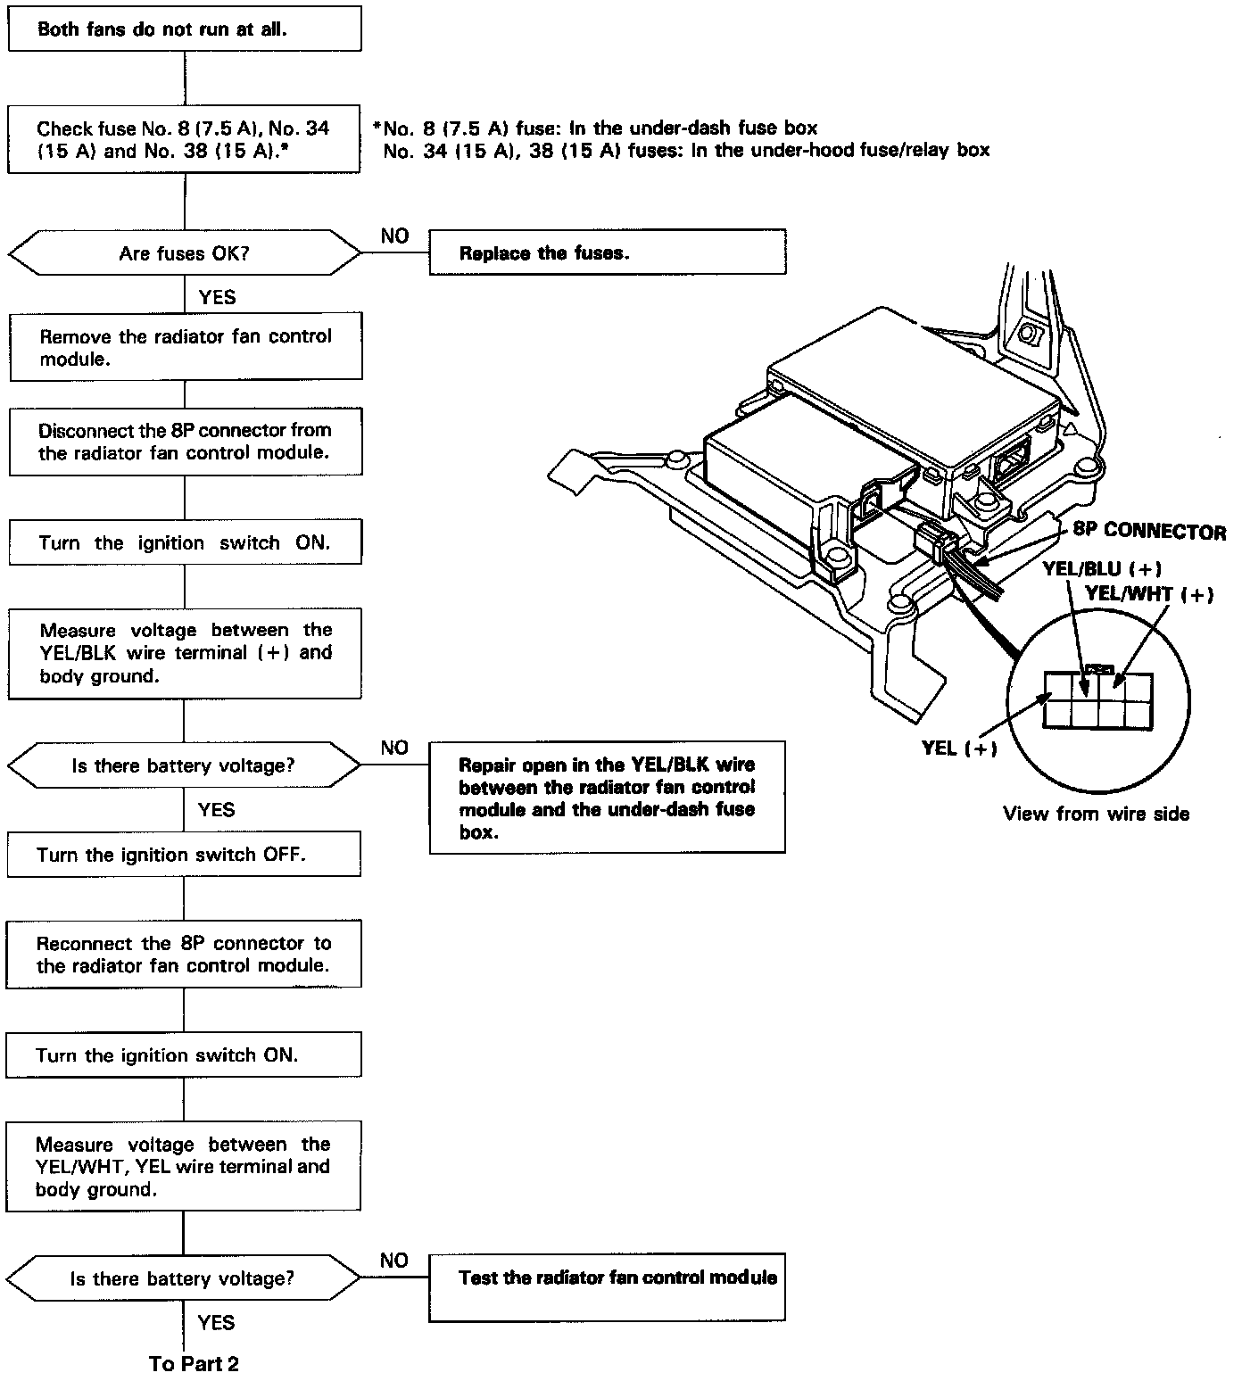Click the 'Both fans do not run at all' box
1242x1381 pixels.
click(x=185, y=29)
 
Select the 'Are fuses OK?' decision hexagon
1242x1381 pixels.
click(x=185, y=254)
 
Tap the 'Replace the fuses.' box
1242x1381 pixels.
click(x=607, y=253)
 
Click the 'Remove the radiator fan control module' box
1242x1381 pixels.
click(x=186, y=347)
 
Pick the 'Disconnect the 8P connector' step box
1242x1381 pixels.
click(x=186, y=442)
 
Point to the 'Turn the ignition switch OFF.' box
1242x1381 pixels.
click(x=184, y=855)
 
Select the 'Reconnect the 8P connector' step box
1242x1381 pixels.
click(x=184, y=955)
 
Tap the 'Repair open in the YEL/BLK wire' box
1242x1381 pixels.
click(x=607, y=798)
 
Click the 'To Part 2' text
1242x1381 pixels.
click(x=194, y=1363)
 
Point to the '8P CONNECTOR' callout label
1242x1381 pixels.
click(x=1149, y=532)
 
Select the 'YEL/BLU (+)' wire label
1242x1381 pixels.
click(x=1102, y=569)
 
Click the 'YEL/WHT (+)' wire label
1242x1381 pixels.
click(x=1149, y=594)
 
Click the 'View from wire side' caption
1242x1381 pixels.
click(x=1096, y=814)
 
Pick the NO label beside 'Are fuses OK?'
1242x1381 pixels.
click(x=394, y=236)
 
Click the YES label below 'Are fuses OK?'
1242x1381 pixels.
click(x=217, y=297)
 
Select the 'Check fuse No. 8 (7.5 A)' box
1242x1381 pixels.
click(x=185, y=139)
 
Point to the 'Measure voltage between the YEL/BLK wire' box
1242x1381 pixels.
click(x=185, y=653)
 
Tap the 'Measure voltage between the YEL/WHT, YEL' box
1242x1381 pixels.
click(x=184, y=1167)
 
